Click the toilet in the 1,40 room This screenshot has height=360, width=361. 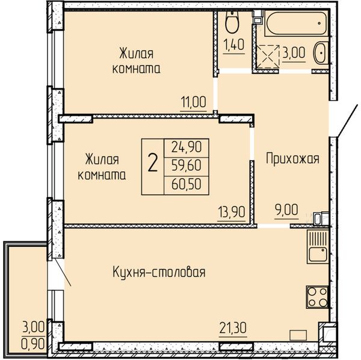click(x=232, y=22)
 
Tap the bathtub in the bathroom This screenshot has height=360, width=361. click(x=296, y=23)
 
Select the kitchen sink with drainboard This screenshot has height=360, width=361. click(x=318, y=247)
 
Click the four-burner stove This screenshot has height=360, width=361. click(x=317, y=297)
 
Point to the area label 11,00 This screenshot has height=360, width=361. click(x=194, y=102)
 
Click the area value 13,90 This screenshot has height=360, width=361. click(x=232, y=212)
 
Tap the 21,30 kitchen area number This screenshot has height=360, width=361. click(x=233, y=328)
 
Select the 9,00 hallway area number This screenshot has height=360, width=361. click(x=286, y=210)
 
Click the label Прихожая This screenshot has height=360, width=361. click(x=292, y=159)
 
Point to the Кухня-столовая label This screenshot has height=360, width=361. click(x=159, y=272)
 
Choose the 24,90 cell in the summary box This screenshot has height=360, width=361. click(x=187, y=147)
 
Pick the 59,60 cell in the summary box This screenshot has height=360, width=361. click(x=187, y=166)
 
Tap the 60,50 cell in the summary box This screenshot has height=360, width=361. click(x=187, y=184)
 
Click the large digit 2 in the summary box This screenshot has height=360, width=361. click(x=152, y=163)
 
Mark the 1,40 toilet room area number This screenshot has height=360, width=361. click(x=233, y=45)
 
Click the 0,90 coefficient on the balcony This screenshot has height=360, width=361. click(x=33, y=344)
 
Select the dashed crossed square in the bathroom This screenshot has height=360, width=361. click(x=268, y=57)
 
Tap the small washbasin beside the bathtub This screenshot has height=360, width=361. click(x=321, y=53)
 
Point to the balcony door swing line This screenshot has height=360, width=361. click(x=63, y=272)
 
